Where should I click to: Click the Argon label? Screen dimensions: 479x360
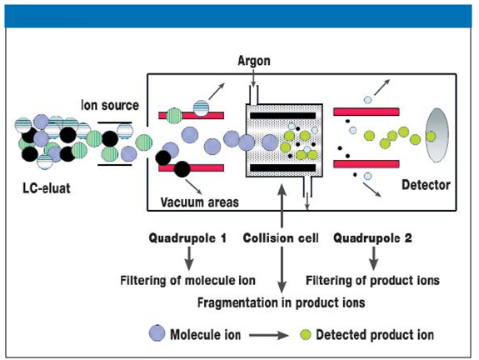pos(254,61)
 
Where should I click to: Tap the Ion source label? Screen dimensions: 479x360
pos(110,106)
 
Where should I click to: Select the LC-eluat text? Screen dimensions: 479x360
pos(47,188)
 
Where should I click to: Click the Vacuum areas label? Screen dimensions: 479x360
pos(199,202)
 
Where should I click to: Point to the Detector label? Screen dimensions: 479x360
pos(426,185)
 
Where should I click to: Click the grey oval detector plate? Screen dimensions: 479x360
pos(437,135)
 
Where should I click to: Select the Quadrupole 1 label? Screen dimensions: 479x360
pos(187,238)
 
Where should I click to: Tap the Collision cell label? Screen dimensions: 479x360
pos(281,238)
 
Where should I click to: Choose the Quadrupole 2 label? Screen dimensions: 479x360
pos(372,238)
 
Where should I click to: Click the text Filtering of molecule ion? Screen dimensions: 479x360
pos(188,280)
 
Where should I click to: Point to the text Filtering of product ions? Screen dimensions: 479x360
pos(372,280)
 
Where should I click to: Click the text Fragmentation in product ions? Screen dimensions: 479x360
pos(281,302)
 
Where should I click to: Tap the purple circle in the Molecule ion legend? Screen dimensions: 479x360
pos(157,333)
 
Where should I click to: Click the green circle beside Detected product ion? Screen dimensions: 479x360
pos(305,335)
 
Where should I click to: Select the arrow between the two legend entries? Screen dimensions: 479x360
pos(269,335)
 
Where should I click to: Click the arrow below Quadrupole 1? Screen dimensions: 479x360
pos(189,258)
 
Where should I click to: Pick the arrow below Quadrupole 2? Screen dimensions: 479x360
pos(373,258)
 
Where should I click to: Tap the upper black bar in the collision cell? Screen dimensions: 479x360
pos(283,116)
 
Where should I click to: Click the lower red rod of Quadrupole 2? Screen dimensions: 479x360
pos(367,164)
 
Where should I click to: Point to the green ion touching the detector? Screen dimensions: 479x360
pos(431,137)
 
